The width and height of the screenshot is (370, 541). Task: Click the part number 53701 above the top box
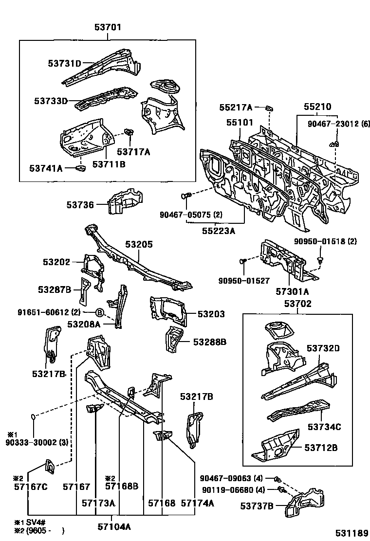(108, 28)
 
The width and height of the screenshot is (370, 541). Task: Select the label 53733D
(51, 101)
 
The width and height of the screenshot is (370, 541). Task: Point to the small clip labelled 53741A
(80, 168)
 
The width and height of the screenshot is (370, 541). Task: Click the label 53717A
(133, 152)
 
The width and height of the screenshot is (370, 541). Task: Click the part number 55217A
(236, 108)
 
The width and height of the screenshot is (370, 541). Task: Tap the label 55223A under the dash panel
(219, 231)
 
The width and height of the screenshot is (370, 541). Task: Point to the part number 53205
(139, 245)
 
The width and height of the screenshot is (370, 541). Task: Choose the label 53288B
(210, 342)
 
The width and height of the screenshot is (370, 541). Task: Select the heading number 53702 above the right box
(297, 304)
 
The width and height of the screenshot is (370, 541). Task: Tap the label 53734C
(324, 427)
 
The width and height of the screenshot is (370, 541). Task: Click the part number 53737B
(257, 506)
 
